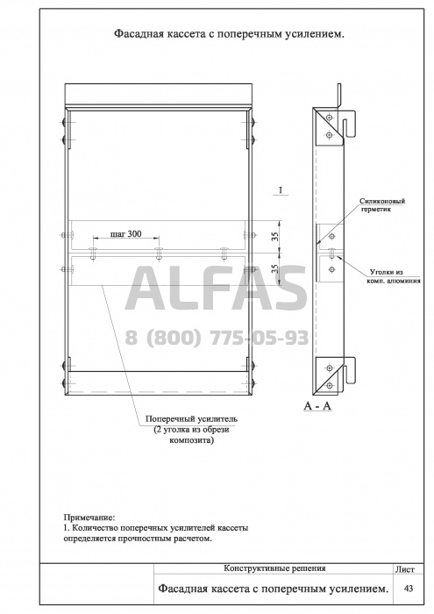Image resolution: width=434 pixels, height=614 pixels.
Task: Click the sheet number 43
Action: point(408,589)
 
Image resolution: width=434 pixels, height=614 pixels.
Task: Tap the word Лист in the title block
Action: point(405,569)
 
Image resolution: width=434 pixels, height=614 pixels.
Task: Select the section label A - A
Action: point(317,406)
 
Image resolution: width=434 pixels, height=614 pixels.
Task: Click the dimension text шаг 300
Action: point(126,234)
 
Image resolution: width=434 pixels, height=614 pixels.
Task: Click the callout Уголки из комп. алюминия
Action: point(395,276)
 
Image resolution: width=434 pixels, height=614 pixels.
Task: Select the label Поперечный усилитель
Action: point(191,418)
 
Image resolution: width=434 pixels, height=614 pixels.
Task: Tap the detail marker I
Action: point(281,190)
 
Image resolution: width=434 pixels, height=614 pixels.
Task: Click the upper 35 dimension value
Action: point(277,236)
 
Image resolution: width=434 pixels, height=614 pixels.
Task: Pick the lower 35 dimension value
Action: point(276,268)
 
